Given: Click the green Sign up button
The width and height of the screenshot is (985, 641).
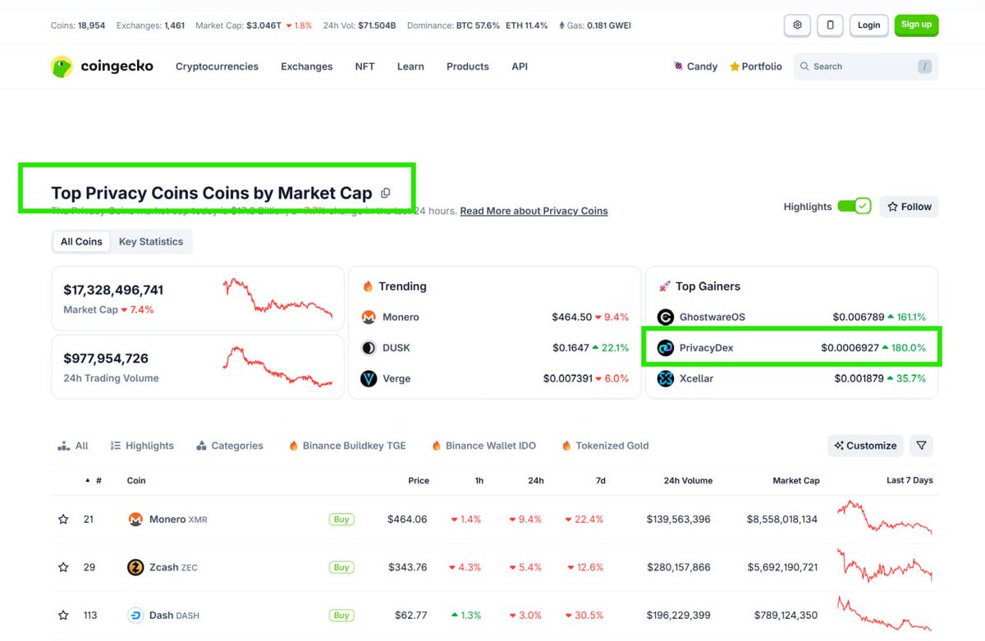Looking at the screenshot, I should [x=916, y=25].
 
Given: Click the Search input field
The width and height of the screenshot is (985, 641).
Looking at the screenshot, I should [x=862, y=66].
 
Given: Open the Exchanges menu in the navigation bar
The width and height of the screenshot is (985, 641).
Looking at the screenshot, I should [x=306, y=66].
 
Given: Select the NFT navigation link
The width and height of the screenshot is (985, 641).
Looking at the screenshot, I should [x=364, y=66].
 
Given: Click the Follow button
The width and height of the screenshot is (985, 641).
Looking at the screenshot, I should [x=909, y=207].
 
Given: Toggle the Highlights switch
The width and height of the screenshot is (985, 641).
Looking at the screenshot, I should [x=854, y=207].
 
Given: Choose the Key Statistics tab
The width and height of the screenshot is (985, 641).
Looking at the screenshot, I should [x=151, y=241].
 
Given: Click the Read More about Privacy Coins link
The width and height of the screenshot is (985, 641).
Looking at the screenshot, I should [x=534, y=211].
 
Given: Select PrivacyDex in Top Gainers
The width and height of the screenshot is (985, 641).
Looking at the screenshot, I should [x=706, y=348].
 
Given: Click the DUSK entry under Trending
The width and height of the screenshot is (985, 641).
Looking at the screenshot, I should [x=396, y=348].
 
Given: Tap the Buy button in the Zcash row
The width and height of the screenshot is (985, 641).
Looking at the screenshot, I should [x=341, y=567].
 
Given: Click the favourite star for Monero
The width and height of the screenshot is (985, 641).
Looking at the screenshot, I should [x=63, y=520].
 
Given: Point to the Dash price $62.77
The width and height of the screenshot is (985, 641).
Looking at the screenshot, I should [x=408, y=616].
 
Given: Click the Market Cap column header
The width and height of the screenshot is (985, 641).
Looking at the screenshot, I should [x=795, y=480].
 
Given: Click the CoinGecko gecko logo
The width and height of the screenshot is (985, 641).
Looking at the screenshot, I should [x=62, y=66].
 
